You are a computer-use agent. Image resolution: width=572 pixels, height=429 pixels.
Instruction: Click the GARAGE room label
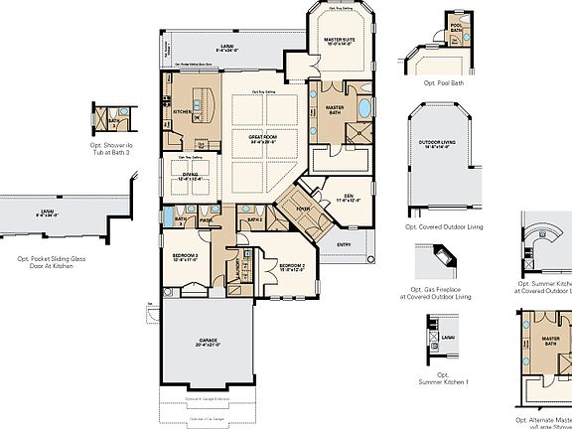click(x=208, y=341)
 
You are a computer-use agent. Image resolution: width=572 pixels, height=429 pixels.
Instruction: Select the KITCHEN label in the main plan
click(x=182, y=111)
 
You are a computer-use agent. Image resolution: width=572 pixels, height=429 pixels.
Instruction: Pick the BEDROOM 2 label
click(x=291, y=265)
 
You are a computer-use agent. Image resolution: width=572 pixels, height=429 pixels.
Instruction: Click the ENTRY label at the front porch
click(x=344, y=244)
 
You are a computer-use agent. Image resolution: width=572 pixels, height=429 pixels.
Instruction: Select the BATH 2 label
click(x=254, y=218)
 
